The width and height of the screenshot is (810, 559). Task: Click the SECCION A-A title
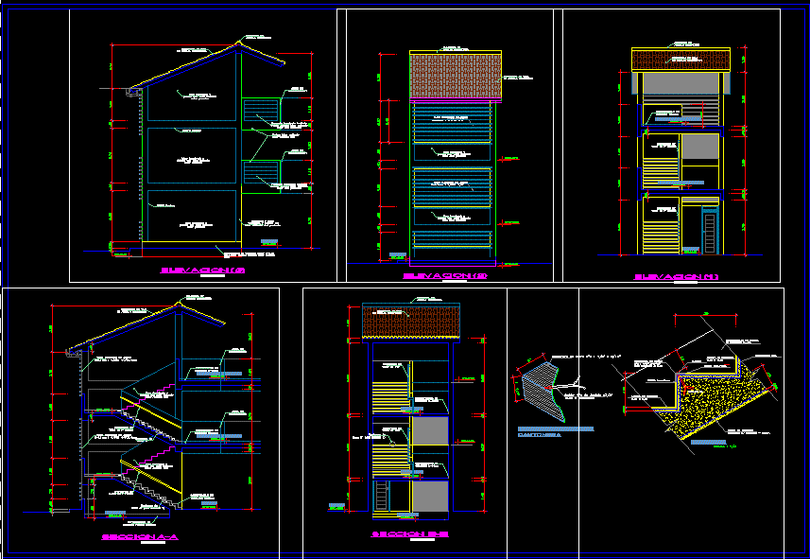140,536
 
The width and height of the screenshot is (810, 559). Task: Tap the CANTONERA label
539,436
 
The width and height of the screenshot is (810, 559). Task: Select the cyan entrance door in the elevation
709,233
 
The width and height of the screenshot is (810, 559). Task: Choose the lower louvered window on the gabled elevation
262,174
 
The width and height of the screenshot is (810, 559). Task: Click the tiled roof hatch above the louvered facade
454,75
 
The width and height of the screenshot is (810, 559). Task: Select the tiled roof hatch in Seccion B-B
411,323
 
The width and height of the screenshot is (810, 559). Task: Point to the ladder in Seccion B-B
382,497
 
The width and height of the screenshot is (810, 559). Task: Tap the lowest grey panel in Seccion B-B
430,498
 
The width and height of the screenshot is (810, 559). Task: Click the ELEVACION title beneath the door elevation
677,276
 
